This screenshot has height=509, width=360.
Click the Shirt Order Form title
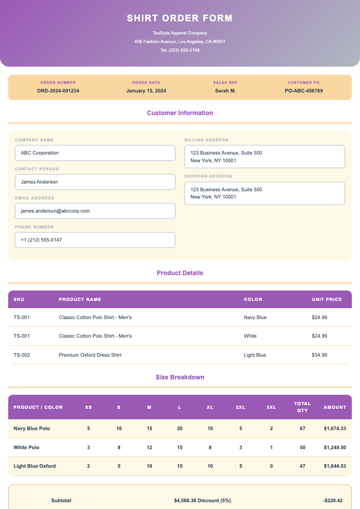coord(180,18)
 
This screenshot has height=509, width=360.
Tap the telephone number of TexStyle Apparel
coord(180,50)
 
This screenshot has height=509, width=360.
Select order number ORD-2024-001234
coord(58,91)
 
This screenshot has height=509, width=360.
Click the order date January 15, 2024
coord(146,91)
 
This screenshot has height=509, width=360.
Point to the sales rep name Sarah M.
coord(225,91)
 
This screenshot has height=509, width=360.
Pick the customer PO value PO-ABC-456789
coord(304,91)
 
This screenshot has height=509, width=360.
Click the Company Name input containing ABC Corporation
coord(95,153)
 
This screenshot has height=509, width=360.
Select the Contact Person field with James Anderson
coord(95,182)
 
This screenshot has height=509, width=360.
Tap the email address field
coord(95,211)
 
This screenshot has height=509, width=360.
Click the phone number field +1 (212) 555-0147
coord(95,240)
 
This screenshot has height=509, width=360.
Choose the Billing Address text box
coord(265,156)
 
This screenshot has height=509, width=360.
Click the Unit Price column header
coord(326,299)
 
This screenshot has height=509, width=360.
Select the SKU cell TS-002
coord(22,355)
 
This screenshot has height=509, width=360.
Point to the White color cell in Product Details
coord(250,336)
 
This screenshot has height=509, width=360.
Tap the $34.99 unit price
coord(319,355)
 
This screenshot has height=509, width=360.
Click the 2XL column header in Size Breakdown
coord(240,407)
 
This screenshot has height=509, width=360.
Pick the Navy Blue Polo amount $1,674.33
coord(335,428)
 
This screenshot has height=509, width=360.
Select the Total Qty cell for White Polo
coord(302,447)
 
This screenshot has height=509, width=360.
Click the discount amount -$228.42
coord(333,500)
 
